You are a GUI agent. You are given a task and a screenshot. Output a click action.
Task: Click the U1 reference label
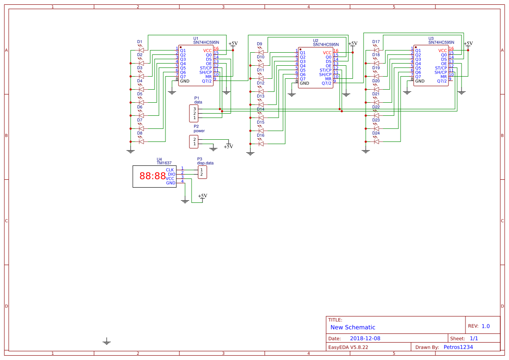point(196,39)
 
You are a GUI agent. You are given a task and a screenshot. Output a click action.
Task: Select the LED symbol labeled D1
point(141,50)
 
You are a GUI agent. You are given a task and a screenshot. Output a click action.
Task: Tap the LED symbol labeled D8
point(141,141)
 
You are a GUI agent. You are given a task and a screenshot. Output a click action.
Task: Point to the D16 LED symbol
point(261,144)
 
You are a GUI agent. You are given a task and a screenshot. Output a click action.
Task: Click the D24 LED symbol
point(376,141)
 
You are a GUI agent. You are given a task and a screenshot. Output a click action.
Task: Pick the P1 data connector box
point(194,113)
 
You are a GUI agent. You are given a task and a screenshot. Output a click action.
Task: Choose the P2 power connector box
point(194,142)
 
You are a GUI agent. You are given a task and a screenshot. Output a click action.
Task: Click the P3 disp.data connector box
point(202,172)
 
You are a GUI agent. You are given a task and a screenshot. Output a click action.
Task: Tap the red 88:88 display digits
point(152,176)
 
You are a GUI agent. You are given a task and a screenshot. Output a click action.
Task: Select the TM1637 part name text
point(164,163)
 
